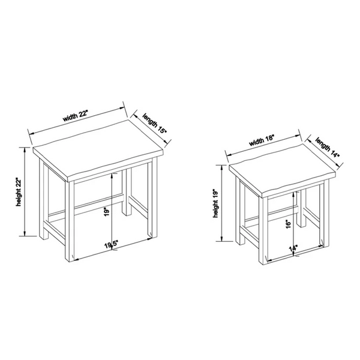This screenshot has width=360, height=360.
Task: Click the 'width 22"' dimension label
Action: point(76,116)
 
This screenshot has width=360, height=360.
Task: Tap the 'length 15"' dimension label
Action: point(154,124)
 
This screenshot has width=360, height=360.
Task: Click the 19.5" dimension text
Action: point(112,245)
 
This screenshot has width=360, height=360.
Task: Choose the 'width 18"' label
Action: point(262,140)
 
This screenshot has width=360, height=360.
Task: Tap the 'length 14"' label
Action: point(328,148)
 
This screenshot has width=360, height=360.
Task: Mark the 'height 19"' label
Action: point(216,203)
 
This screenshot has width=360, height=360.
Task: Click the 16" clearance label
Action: point(289,224)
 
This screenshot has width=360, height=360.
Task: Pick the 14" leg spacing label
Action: point(293,249)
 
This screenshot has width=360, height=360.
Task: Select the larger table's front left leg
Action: point(70,221)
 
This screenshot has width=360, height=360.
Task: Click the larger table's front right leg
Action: point(152,197)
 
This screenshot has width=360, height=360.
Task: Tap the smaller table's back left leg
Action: point(241,211)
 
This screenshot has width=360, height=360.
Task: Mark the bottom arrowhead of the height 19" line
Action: point(222,239)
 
